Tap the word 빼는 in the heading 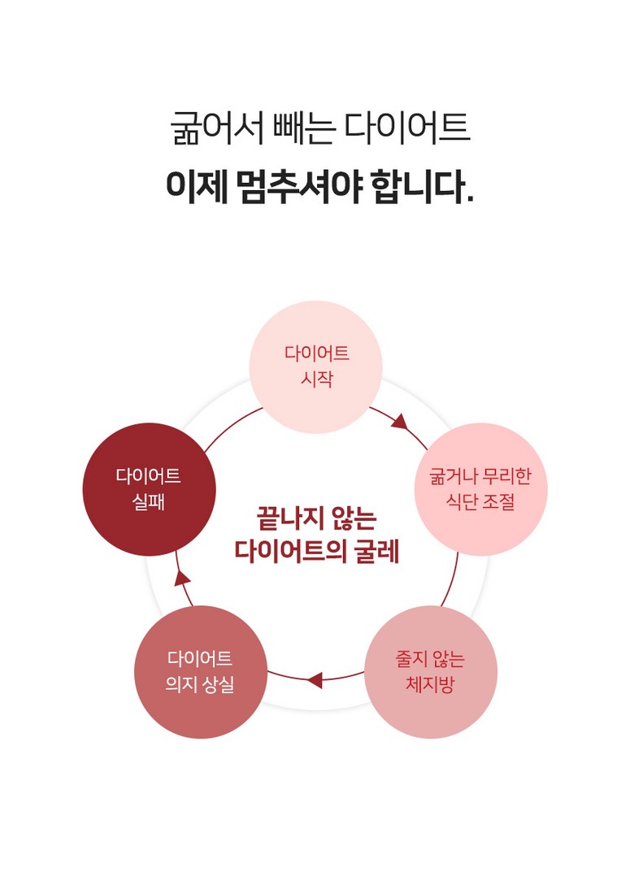click(304, 128)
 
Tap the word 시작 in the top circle click(316, 379)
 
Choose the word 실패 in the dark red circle click(149, 501)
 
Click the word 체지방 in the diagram click(430, 684)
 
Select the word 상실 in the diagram click(217, 684)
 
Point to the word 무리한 click(506, 476)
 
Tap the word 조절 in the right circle click(498, 501)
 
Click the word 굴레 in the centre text click(377, 551)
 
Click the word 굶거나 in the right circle click(454, 476)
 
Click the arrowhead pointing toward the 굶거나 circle click(400, 421)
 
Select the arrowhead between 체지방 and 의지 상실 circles click(315, 680)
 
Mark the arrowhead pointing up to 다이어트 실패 click(181, 578)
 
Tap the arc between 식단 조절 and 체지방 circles click(451, 581)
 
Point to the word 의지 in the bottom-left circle click(181, 684)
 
